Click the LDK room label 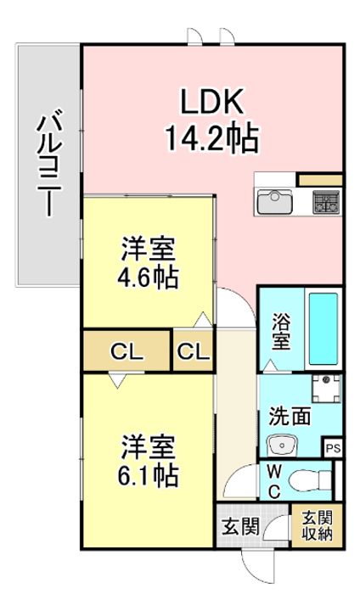(x=211, y=102)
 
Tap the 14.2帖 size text (x=211, y=138)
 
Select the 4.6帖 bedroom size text (x=149, y=277)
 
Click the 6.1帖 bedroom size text (x=149, y=474)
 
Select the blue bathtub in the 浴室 (x=323, y=328)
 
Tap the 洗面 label (x=290, y=416)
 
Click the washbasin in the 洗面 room (x=283, y=445)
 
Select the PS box (x=333, y=449)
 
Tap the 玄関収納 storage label (x=318, y=526)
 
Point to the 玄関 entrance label (x=240, y=528)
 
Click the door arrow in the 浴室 (x=271, y=366)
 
